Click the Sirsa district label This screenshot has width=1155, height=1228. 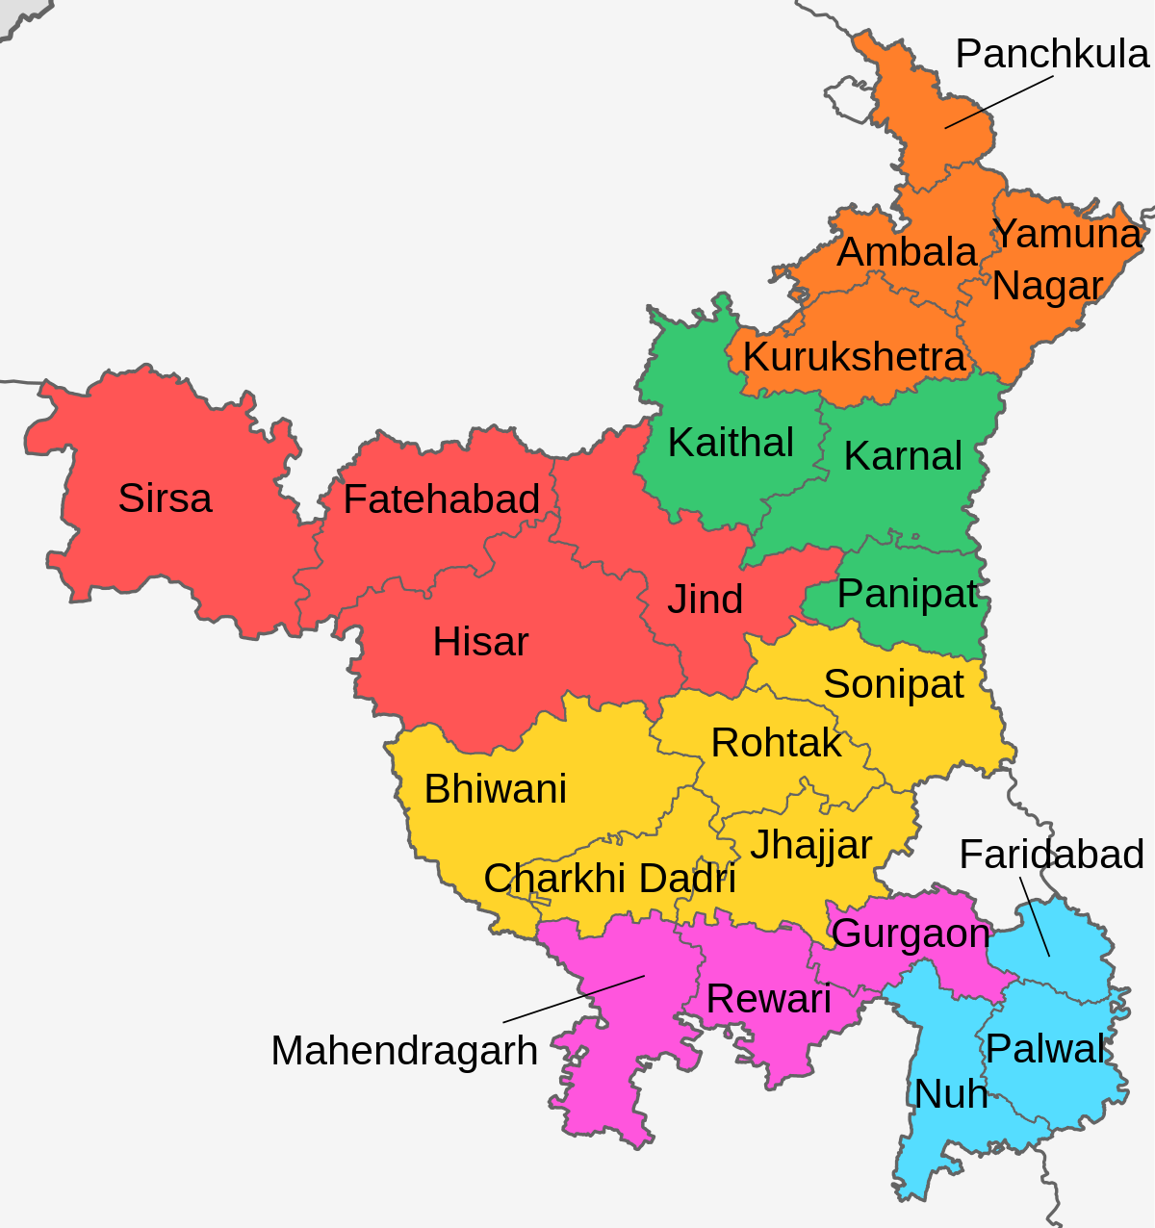click(165, 499)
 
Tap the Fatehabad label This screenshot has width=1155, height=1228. click(441, 499)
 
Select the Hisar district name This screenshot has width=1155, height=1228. click(480, 642)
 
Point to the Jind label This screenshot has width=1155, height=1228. click(706, 600)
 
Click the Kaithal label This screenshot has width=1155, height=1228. click(731, 443)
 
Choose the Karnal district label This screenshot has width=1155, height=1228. click(903, 456)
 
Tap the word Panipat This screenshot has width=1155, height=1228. click(908, 595)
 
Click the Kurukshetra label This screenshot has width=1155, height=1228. click(854, 357)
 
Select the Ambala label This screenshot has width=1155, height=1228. click(907, 252)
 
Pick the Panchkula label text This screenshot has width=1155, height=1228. click(1052, 54)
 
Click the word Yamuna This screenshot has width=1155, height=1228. click(1066, 234)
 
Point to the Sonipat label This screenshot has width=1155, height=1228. click(893, 684)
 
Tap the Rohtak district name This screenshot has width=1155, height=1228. click(776, 743)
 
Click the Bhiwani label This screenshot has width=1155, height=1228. click(495, 789)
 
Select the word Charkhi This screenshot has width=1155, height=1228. click(543, 879)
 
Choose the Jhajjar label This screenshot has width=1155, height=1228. click(810, 845)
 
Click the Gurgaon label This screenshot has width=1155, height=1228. click(911, 934)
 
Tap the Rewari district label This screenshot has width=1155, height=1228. click(768, 999)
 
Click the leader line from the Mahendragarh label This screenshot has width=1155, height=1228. click(574, 998)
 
